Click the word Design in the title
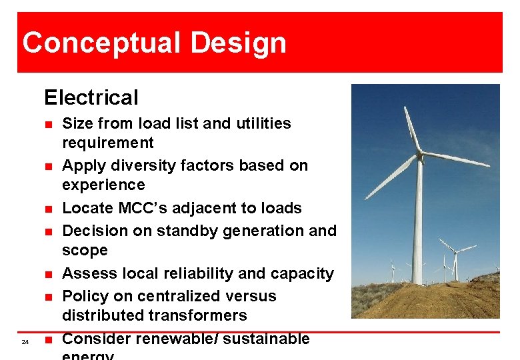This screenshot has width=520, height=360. tap(238, 43)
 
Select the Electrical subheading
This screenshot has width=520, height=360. tap(91, 98)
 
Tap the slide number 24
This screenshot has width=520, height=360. tap(25, 342)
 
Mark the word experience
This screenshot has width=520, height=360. tap(103, 185)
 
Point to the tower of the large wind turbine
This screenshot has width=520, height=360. tap(418, 227)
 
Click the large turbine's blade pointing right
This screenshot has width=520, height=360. tap(456, 159)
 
